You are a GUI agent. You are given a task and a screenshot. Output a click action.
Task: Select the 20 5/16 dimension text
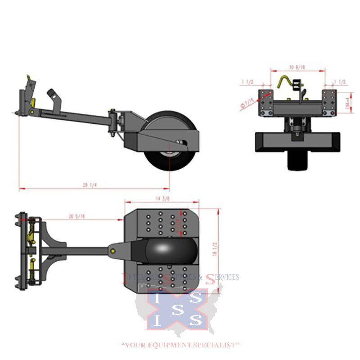tap(76, 216)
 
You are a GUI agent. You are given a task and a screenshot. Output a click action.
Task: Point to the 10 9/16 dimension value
tap(297, 67)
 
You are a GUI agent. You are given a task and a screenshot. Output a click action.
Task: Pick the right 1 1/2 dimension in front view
tap(339, 82)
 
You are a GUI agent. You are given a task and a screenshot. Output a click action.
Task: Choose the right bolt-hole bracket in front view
tap(329, 103)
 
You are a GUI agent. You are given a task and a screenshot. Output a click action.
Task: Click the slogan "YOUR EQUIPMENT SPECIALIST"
tap(180, 345)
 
